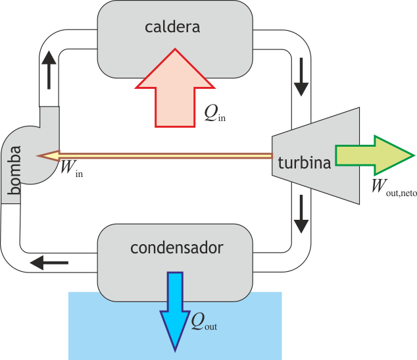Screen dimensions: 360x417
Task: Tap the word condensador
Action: [176, 248]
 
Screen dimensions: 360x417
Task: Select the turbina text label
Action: [304, 163]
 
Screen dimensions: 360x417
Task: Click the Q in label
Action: [215, 115]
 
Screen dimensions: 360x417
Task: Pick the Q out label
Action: [203, 322]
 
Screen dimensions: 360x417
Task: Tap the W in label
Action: [70, 169]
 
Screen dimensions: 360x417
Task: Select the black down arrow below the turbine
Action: [301, 214]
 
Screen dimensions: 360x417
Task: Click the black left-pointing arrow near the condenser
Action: [49, 263]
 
